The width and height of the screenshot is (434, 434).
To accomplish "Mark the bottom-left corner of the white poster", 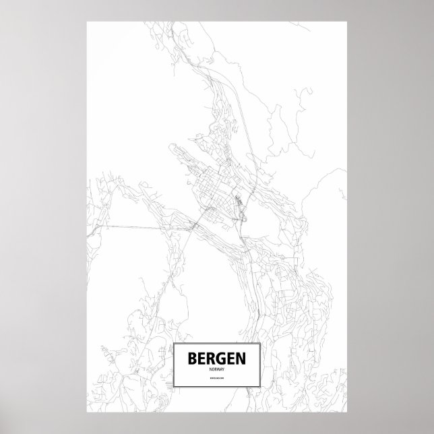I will pyautogui.click(x=87, y=412).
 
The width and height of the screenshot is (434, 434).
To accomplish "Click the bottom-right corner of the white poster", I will pyautogui.click(x=348, y=412).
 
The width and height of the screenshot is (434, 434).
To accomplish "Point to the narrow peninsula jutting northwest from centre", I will pyautogui.click(x=179, y=152).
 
